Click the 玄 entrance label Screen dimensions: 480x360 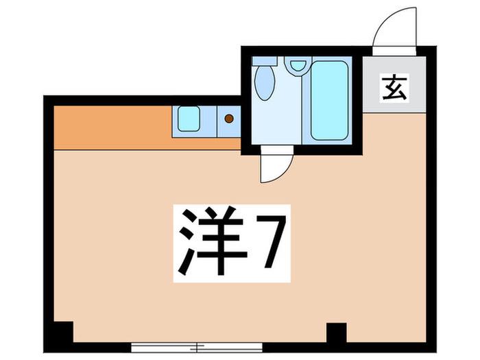click(x=394, y=88)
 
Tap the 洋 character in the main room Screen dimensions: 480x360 click(x=213, y=242)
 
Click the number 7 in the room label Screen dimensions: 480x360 click(x=270, y=241)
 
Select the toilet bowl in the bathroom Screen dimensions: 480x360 click(x=265, y=83)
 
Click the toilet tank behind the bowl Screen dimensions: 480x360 click(x=265, y=60)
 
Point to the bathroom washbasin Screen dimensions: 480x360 click(x=298, y=66)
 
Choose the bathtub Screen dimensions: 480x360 click(x=329, y=100)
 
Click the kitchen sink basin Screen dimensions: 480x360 click(x=189, y=119)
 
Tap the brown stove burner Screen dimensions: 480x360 click(x=229, y=119)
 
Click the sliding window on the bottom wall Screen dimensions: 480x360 click(x=197, y=347)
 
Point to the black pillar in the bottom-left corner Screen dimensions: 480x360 click(x=64, y=332)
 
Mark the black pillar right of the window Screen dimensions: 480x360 click(x=337, y=333)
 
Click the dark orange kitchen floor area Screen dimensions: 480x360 click(x=113, y=128)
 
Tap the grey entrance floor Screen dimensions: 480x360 click(x=394, y=84)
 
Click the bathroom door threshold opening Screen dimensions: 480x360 click(x=277, y=150)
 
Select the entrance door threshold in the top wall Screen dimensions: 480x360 click(x=394, y=51)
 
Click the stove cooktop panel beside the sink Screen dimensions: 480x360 click(x=229, y=121)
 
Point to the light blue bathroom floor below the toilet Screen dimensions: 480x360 click(x=276, y=123)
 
